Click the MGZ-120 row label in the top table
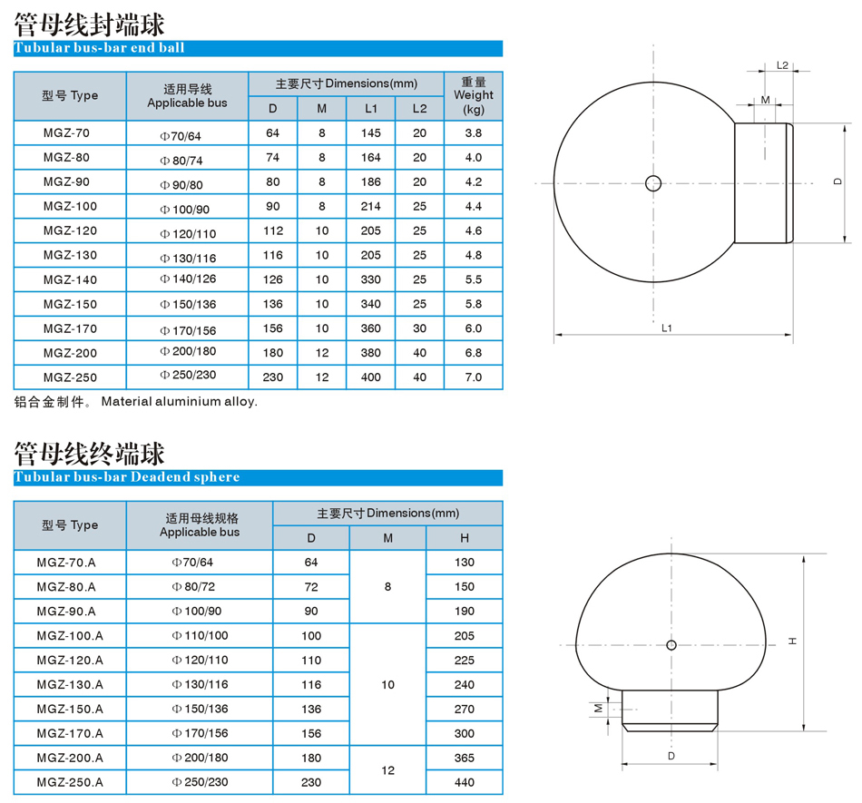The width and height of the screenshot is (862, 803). coord(70,230)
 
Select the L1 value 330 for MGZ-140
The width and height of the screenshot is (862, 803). coord(370,279)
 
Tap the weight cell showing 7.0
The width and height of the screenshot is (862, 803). coord(474,377)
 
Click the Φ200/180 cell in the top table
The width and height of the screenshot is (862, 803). coord(188,352)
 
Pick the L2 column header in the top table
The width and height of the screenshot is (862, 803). coord(419,109)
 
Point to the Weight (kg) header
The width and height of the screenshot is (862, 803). coord(474,95)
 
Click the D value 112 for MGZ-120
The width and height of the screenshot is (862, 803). coord(273,230)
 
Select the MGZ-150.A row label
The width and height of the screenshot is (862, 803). coord(70,709)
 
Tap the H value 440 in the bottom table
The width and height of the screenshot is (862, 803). coord(465,782)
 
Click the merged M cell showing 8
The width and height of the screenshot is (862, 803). coord(387,587)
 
